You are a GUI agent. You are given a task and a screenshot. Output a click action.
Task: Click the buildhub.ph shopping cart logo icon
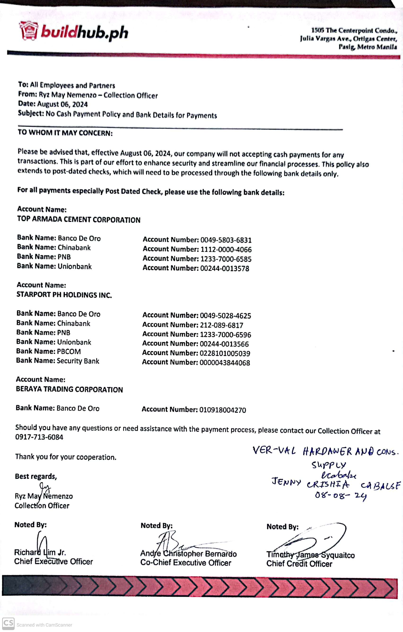click(28, 31)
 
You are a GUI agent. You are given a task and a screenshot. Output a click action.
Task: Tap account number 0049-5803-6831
click(226, 240)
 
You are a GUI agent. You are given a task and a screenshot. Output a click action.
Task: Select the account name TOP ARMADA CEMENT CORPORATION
click(79, 219)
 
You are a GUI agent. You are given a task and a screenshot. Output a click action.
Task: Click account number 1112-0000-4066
click(226, 249)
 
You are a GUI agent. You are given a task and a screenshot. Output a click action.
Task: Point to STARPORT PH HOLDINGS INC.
click(64, 295)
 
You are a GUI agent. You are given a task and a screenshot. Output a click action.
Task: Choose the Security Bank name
click(78, 361)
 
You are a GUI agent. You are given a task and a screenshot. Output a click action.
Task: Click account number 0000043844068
click(224, 363)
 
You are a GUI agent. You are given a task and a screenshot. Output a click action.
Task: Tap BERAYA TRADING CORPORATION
click(69, 389)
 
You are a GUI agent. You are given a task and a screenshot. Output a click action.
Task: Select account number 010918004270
click(222, 410)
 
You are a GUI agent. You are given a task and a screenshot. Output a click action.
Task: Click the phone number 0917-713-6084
click(39, 437)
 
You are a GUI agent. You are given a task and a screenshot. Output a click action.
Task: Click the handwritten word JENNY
click(286, 482)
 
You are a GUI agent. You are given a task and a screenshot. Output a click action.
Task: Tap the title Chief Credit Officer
click(299, 564)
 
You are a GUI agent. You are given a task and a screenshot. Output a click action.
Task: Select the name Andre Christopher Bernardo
click(188, 553)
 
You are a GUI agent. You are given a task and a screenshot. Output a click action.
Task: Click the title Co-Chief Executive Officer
click(186, 563)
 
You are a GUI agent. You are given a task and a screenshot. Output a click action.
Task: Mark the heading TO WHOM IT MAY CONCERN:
click(65, 133)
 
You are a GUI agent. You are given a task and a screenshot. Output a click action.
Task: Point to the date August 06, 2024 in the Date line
click(62, 104)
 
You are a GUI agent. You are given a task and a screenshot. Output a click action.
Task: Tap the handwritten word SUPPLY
click(329, 465)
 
